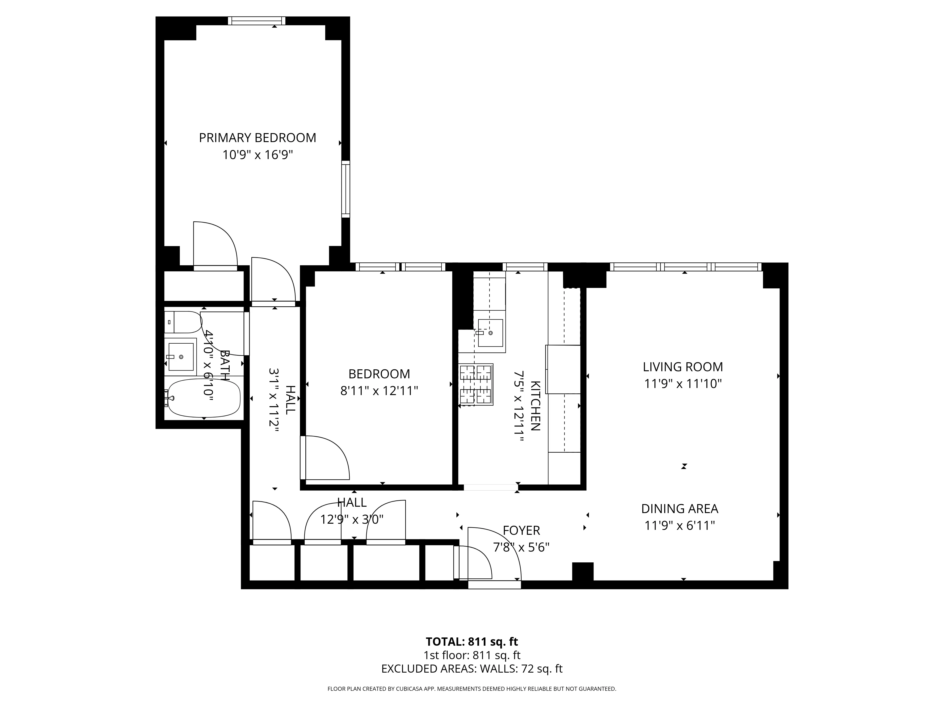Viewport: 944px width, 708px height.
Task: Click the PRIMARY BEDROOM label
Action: [257, 138]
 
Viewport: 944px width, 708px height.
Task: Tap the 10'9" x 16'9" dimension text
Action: [257, 155]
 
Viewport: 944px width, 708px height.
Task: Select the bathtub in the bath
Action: [204, 398]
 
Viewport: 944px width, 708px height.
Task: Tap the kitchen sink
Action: [490, 333]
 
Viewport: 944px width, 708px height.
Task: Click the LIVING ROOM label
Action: [683, 367]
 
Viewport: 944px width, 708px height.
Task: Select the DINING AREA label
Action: [679, 509]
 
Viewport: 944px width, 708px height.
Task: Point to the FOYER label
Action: [521, 531]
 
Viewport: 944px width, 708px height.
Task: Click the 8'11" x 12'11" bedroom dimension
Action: [379, 391]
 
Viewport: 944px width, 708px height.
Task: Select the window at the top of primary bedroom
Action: [257, 21]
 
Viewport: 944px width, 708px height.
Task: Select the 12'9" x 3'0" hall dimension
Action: [352, 519]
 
